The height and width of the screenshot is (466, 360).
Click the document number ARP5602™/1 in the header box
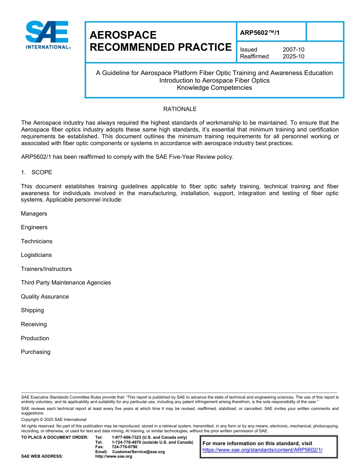click(x=260, y=33)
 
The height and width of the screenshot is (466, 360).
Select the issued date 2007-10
click(x=293, y=50)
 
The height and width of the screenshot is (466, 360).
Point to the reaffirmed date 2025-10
click(x=293, y=56)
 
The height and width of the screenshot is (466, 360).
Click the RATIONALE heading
click(x=180, y=109)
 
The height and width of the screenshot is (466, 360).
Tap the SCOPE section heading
click(x=42, y=172)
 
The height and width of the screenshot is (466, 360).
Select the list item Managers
click(x=34, y=214)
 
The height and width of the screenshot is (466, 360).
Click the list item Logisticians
click(x=36, y=255)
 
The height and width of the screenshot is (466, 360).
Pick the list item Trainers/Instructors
click(x=46, y=269)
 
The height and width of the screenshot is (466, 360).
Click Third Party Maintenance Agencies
click(x=66, y=283)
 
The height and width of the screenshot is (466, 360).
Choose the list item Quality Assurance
click(x=45, y=297)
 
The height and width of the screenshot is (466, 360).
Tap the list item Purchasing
click(x=36, y=352)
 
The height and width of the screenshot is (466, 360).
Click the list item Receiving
click(x=34, y=324)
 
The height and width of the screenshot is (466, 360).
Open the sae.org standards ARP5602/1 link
click(x=262, y=450)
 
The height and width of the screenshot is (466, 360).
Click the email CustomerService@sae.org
click(x=138, y=452)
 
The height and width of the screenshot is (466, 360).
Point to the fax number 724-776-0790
click(x=124, y=447)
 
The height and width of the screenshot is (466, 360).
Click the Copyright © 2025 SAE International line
click(x=54, y=419)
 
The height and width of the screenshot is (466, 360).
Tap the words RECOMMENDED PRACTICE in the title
click(x=160, y=47)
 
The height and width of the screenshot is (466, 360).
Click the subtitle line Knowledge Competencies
click(x=214, y=88)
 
